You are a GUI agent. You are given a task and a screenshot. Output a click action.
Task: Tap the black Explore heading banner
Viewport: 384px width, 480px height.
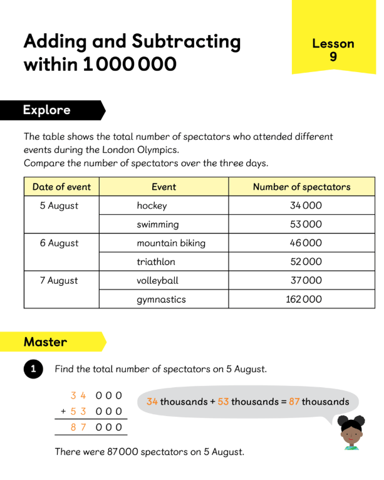coord(50,110)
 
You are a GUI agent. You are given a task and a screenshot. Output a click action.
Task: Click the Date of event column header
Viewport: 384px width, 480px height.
coord(61,187)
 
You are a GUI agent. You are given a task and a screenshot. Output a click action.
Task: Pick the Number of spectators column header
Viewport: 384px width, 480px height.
coord(301,187)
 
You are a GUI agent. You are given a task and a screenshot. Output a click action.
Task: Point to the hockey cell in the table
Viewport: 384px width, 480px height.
coord(152,206)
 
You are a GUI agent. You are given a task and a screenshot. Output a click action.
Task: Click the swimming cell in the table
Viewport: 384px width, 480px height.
coord(157,224)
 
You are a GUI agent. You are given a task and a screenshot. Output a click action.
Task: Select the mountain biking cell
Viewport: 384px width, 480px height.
coord(170,243)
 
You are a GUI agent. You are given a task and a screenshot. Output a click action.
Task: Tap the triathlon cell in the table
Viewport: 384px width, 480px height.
coord(156,262)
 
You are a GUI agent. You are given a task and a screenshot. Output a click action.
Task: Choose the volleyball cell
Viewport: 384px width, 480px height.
coord(157,281)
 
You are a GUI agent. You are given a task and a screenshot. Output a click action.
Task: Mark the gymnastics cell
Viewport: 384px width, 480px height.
coord(161,300)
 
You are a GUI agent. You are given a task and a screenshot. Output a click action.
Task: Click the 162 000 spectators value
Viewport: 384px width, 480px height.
coord(303,300)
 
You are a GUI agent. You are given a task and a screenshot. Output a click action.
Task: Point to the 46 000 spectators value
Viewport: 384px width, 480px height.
coord(306,243)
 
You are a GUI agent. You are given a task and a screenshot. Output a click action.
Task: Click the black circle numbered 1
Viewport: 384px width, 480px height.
coord(33,370)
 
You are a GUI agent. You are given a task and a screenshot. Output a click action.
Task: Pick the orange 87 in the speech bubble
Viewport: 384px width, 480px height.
coord(294,402)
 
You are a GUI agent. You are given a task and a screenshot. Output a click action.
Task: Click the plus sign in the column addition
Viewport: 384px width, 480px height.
coord(63,412)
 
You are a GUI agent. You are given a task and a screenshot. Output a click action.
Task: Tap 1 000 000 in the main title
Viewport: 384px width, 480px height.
coord(130,65)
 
